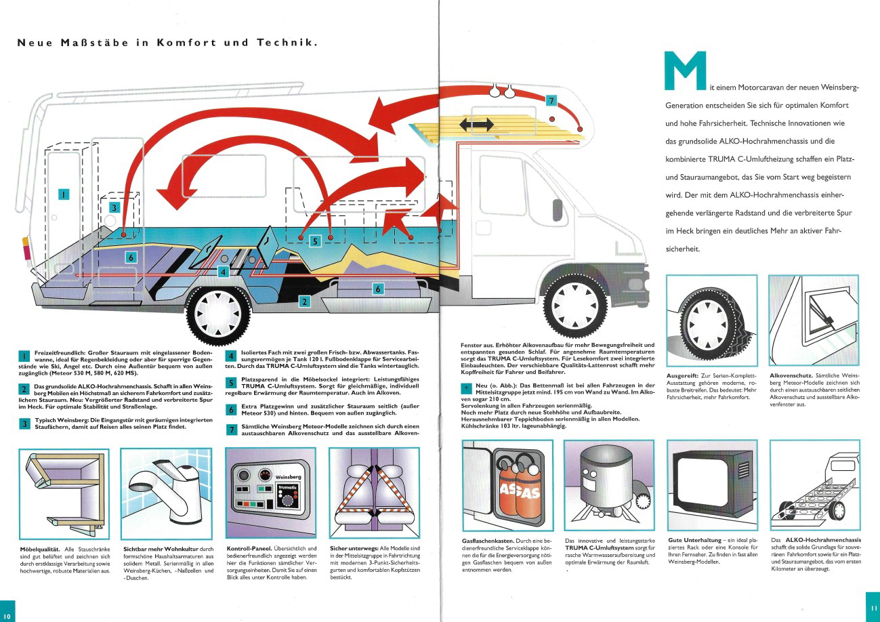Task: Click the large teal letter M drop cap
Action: pyautogui.click(x=685, y=70)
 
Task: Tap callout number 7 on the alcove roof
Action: pyautogui.click(x=551, y=100)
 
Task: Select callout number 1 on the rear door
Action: pyautogui.click(x=64, y=194)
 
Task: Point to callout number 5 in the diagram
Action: pyautogui.click(x=315, y=241)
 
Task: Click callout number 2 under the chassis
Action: pyautogui.click(x=304, y=302)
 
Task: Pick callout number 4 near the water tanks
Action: pyautogui.click(x=223, y=272)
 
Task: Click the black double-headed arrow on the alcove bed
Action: pyautogui.click(x=476, y=125)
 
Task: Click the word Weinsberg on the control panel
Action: pyautogui.click(x=288, y=476)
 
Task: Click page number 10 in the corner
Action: pyautogui.click(x=7, y=616)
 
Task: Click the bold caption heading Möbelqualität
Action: pyautogui.click(x=40, y=549)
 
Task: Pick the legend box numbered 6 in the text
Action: pyautogui.click(x=231, y=410)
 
